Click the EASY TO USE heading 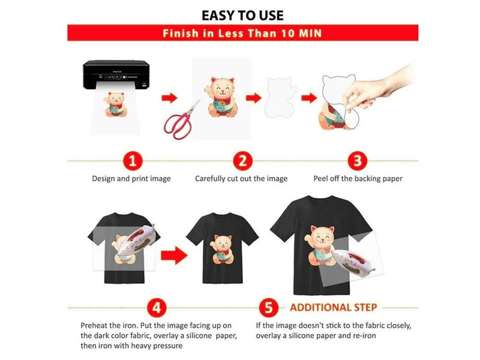point(242,15)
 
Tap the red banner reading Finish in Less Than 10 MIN point(242,32)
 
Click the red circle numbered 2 point(242,161)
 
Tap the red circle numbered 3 point(358,161)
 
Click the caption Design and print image point(131,179)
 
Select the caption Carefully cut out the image point(241,179)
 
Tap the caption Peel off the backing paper point(358,179)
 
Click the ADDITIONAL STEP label point(334,307)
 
